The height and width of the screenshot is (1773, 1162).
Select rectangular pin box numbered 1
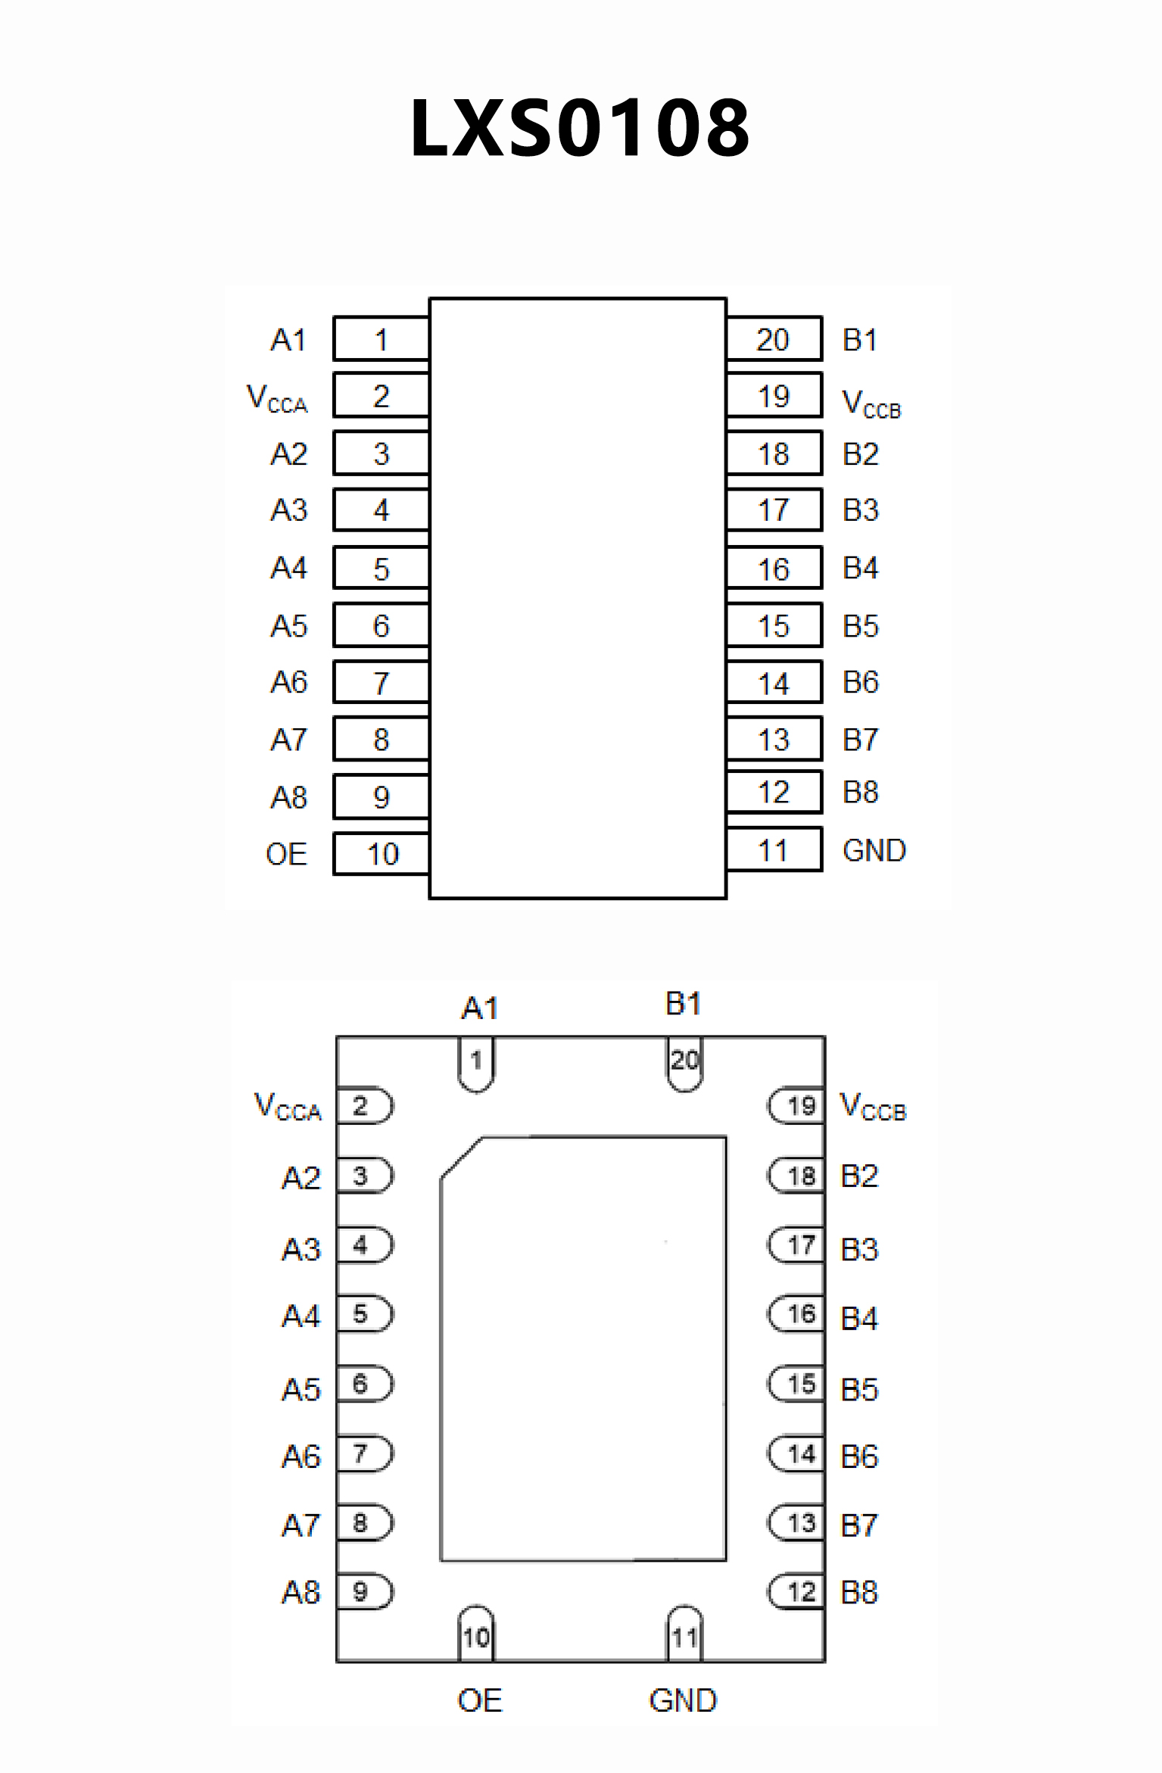coord(382,339)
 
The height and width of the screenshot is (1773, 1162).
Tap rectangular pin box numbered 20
coord(774,339)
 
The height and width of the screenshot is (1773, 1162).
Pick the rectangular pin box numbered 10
coord(382,854)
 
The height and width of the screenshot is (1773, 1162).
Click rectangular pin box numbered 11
coord(774,850)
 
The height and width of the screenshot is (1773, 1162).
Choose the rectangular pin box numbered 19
coord(774,396)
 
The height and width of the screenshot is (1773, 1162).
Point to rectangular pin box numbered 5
coord(382,569)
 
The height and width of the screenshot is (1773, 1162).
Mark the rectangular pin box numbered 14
coord(774,683)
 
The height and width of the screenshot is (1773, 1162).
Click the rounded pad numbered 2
coord(364,1106)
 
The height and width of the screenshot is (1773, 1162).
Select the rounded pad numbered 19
coord(797,1106)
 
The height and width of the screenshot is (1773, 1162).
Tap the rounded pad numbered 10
coord(476,1635)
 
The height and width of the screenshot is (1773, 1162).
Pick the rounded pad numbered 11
coord(685,1635)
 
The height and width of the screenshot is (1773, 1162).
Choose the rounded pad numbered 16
coord(797,1314)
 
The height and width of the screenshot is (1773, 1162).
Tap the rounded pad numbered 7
coord(364,1454)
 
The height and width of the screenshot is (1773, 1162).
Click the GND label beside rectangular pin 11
coord(874,851)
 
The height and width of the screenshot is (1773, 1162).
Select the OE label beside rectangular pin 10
coord(286,855)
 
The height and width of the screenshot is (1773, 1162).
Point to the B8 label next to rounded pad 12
coord(859,1593)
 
